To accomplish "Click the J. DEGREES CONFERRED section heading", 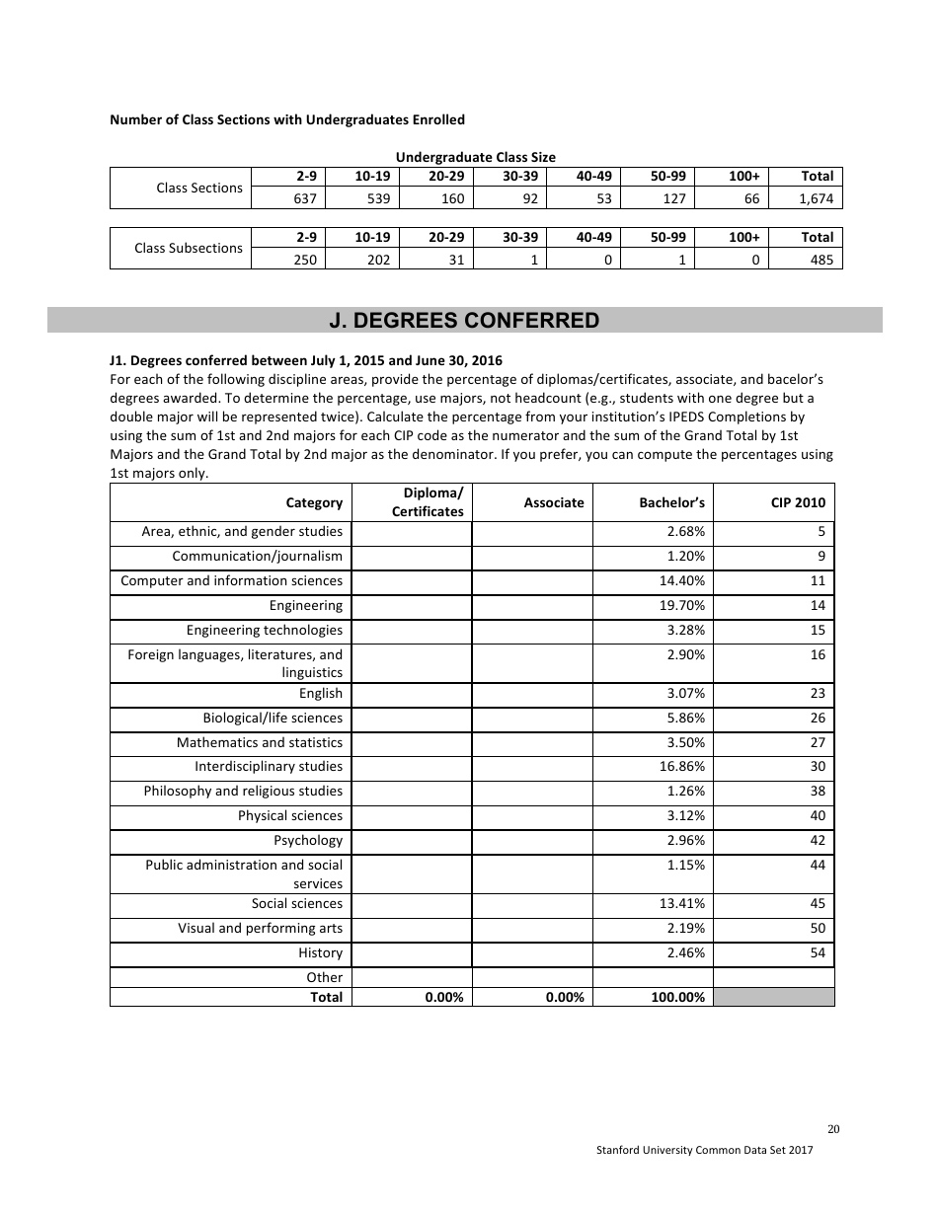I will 464,321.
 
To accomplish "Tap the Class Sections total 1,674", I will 816,198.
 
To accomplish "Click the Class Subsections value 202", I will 377,260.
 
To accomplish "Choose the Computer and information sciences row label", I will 232,581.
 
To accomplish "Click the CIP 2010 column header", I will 797,502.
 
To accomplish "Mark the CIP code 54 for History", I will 817,953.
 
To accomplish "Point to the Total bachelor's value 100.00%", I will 678,998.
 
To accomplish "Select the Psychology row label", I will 308,841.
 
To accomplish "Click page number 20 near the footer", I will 832,1130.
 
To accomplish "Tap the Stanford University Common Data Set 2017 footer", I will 705,1152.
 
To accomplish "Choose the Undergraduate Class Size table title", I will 475,157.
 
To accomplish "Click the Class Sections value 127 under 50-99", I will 673,198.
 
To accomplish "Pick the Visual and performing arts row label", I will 261,929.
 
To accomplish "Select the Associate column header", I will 554,502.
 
